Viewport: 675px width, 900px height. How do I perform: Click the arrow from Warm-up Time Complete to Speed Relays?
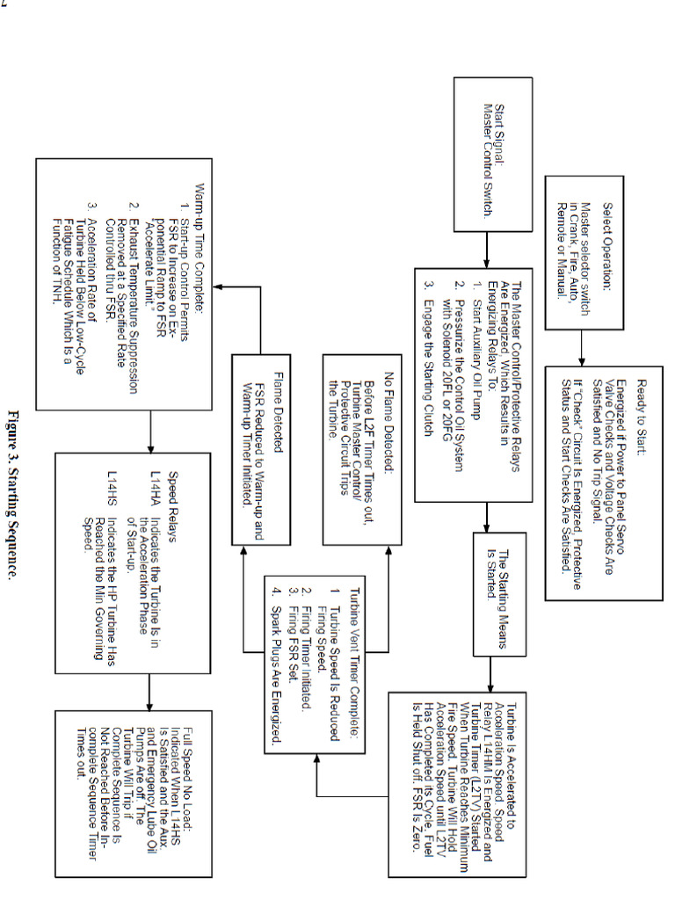coord(149,432)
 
